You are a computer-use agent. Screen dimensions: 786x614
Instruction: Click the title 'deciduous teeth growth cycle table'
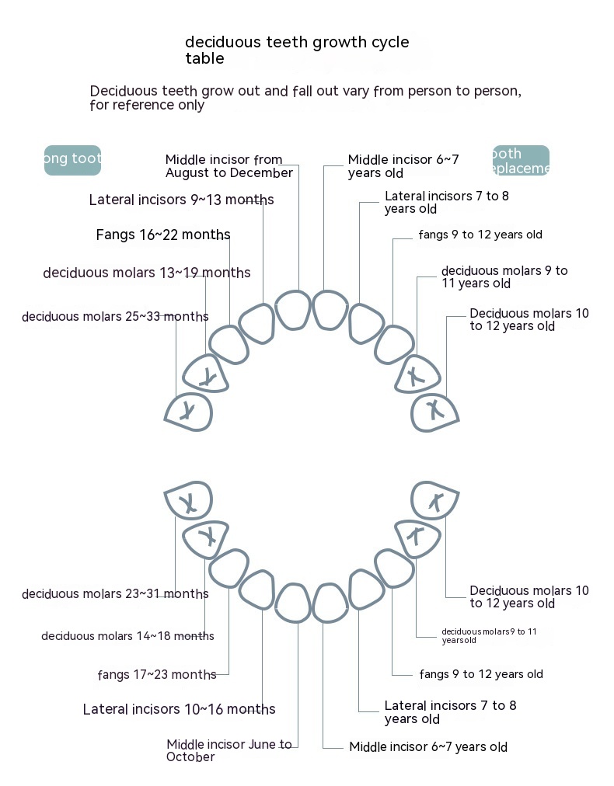pos(296,50)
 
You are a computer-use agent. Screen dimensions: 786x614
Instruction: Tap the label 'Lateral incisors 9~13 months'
pos(181,200)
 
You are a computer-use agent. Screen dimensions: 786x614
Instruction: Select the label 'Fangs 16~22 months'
pos(163,235)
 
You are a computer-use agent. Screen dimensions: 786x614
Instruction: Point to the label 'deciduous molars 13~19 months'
pos(147,273)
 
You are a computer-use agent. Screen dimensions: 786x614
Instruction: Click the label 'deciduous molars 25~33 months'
pos(115,317)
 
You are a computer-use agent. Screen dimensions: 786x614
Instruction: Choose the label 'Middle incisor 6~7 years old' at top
pos(403,165)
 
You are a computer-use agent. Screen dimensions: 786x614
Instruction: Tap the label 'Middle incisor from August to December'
pos(229,166)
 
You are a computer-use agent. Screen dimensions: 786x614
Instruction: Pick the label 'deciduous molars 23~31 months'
pos(115,594)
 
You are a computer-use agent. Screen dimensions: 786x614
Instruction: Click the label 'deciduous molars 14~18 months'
pos(127,636)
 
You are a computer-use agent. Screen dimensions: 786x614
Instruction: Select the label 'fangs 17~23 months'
pos(157,675)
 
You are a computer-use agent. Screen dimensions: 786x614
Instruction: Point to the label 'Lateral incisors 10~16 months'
pos(179,709)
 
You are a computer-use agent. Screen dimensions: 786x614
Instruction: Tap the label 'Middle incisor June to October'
pos(229,750)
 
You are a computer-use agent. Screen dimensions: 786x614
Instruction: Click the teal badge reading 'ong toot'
pos(72,160)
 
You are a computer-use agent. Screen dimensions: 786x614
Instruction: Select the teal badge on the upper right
pos(521,160)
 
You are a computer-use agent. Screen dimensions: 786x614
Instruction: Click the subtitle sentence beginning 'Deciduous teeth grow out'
pos(305,98)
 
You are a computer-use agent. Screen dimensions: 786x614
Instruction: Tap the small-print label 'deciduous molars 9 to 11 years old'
pos(489,635)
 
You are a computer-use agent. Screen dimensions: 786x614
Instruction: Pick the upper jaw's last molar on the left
pos(189,412)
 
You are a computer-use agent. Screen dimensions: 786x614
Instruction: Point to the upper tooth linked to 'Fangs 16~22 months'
pos(230,345)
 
